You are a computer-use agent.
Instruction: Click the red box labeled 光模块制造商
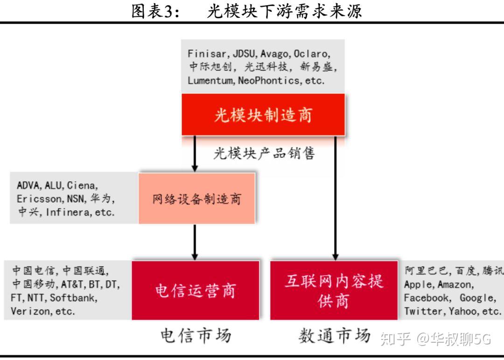point(263,114)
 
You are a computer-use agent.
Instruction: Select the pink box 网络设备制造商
point(197,198)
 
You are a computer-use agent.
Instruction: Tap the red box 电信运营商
point(196,290)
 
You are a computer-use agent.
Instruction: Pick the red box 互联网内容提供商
point(334,290)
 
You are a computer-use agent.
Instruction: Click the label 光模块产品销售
point(264,153)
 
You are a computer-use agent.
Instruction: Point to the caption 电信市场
point(196,335)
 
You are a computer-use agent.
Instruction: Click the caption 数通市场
point(334,335)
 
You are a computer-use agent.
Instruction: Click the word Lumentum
point(211,80)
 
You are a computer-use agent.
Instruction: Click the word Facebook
point(427,297)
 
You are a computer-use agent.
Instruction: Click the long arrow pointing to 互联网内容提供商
point(335,196)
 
